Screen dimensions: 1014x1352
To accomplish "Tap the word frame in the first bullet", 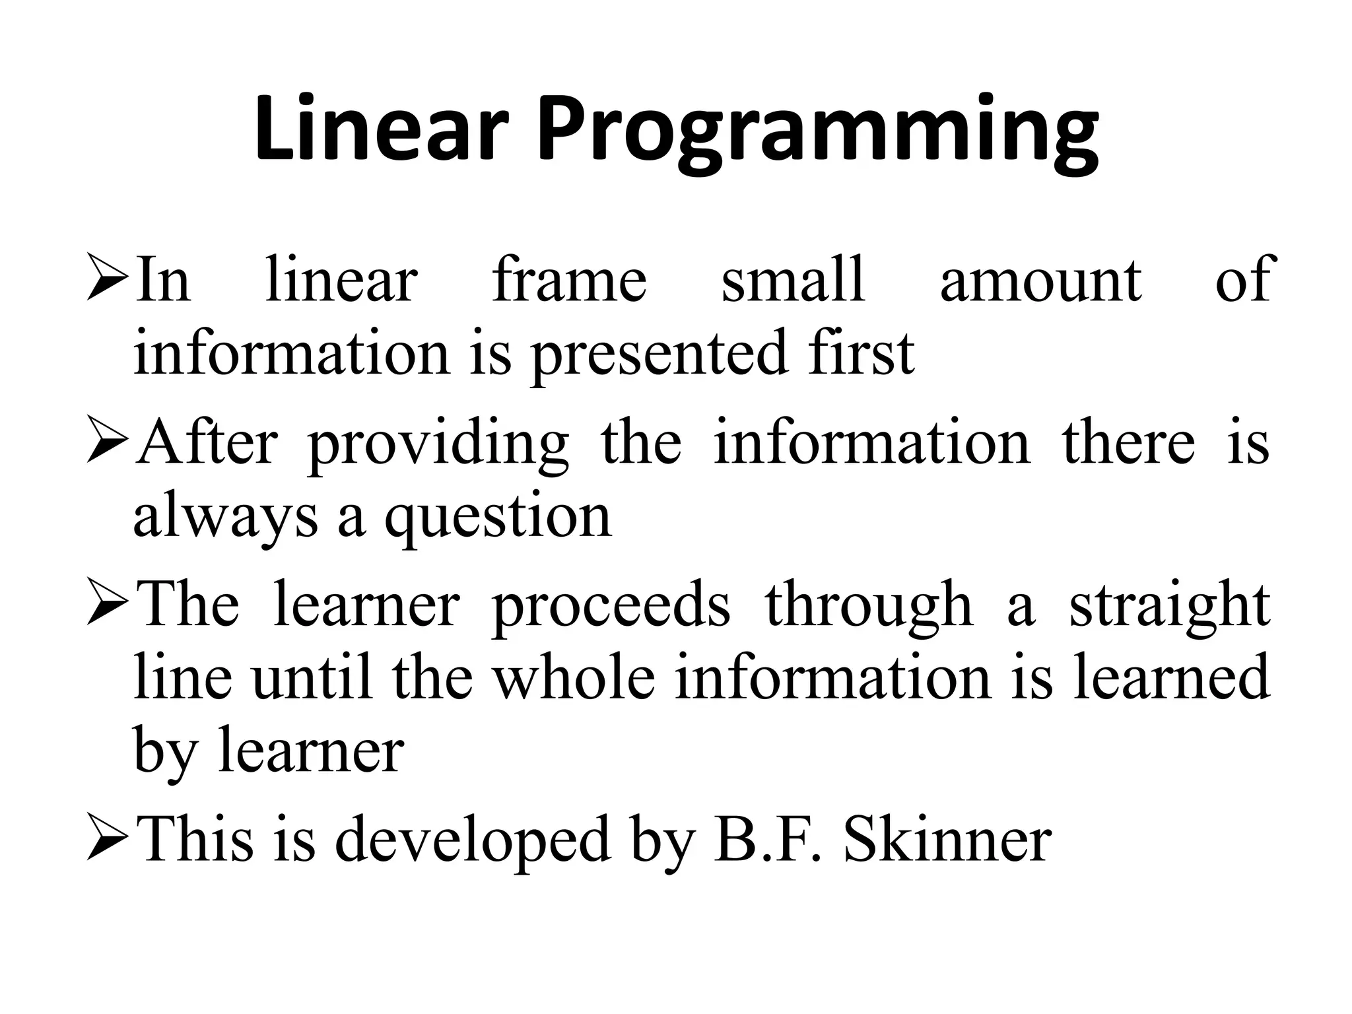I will (569, 280).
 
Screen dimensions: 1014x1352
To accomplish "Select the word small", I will (793, 280).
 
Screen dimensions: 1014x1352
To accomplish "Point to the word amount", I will (1040, 280).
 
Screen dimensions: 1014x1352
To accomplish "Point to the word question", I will (498, 518).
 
